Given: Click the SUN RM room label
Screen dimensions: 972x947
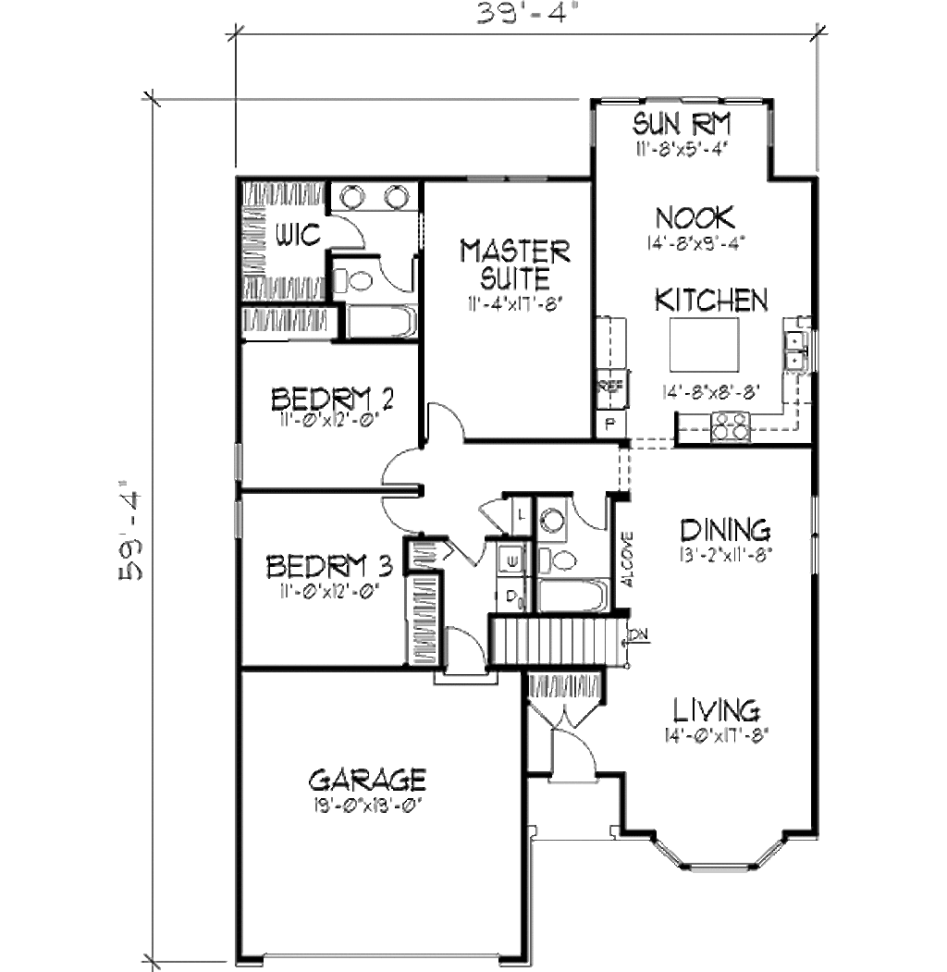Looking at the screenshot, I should [683, 123].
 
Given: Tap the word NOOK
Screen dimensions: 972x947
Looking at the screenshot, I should [695, 218].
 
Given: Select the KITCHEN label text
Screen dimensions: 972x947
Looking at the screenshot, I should [711, 300].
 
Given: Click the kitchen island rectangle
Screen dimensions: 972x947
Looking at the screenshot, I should [704, 344].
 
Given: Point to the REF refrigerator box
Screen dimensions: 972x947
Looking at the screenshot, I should [610, 386].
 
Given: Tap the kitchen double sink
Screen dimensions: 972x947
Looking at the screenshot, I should [794, 351].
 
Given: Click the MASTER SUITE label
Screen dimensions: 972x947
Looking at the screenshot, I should [515, 264].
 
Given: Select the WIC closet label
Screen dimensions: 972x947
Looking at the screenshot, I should [298, 236].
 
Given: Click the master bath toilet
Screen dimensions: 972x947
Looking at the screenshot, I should [351, 278].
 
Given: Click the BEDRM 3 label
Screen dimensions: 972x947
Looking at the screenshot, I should [330, 564].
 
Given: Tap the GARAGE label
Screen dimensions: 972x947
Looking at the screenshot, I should [367, 777].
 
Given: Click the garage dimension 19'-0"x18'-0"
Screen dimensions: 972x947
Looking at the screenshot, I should [367, 804].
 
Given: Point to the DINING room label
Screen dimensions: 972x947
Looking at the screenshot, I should [725, 530].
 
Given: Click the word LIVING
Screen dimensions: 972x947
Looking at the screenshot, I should [716, 710].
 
